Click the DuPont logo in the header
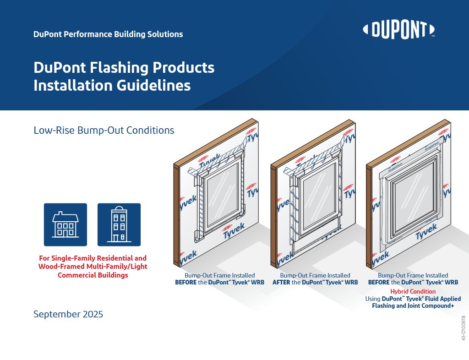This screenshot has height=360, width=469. (398, 30)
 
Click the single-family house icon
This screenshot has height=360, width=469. (65, 224)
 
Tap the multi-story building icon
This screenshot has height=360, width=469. (119, 224)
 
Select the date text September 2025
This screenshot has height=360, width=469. (68, 314)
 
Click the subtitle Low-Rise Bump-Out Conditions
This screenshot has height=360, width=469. (104, 130)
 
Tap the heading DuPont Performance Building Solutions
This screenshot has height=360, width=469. (108, 34)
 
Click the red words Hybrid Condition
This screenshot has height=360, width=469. (413, 291)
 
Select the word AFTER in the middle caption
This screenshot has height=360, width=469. (281, 283)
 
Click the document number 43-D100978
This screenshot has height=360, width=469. (464, 328)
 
